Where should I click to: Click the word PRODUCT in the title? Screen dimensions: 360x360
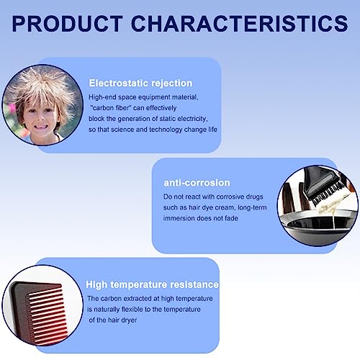point(68,23)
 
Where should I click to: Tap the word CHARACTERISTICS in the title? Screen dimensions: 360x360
point(240,23)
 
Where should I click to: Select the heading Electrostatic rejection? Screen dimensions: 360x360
point(140,83)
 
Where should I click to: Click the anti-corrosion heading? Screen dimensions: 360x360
point(197,183)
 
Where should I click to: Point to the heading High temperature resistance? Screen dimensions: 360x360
point(153,284)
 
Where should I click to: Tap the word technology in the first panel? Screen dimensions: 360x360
point(166,130)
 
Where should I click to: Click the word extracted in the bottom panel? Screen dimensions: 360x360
point(138,299)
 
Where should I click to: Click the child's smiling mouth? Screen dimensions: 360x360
point(41,126)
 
